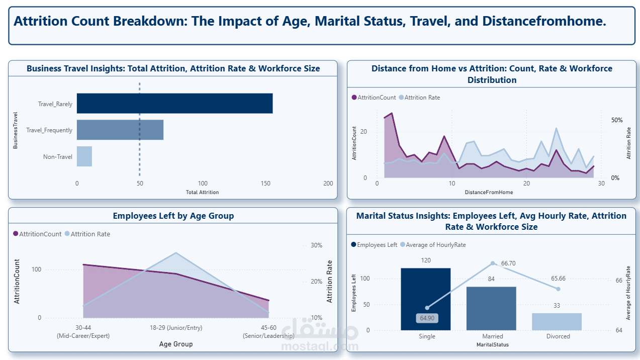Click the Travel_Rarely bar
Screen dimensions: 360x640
point(174,104)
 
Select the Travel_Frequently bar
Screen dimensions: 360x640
point(120,130)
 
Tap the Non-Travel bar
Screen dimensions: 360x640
point(84,156)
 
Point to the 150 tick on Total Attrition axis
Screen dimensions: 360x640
point(265,184)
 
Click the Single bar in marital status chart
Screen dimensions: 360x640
point(426,299)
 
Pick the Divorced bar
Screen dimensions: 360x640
point(557,322)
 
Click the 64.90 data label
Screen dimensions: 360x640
point(427,318)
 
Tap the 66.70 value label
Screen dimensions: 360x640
point(508,263)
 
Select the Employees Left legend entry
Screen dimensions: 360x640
point(374,245)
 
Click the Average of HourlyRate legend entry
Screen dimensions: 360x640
point(432,245)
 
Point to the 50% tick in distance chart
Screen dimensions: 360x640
point(616,120)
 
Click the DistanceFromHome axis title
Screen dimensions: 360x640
point(489,192)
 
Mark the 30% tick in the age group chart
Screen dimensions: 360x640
point(317,245)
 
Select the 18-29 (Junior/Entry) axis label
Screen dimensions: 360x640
point(175,328)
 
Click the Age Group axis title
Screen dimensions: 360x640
point(175,344)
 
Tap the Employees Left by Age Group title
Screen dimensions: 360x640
point(173,216)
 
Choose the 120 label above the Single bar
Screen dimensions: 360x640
point(426,260)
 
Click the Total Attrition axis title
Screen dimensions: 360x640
point(202,192)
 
